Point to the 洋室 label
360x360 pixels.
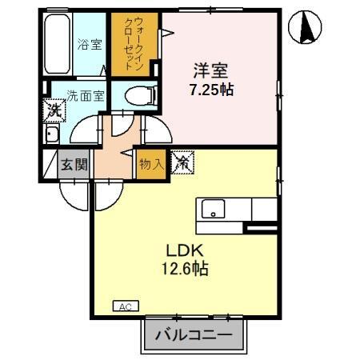click(206, 70)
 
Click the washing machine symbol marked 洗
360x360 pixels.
click(53, 109)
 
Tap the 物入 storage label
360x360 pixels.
click(150, 163)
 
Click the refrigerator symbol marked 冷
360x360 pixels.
click(182, 162)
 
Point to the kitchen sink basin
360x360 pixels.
click(213, 210)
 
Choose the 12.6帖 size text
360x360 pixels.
click(184, 270)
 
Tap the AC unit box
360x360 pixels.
click(125, 306)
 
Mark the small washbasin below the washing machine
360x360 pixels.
click(52, 134)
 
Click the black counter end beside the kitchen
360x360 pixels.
click(261, 230)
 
